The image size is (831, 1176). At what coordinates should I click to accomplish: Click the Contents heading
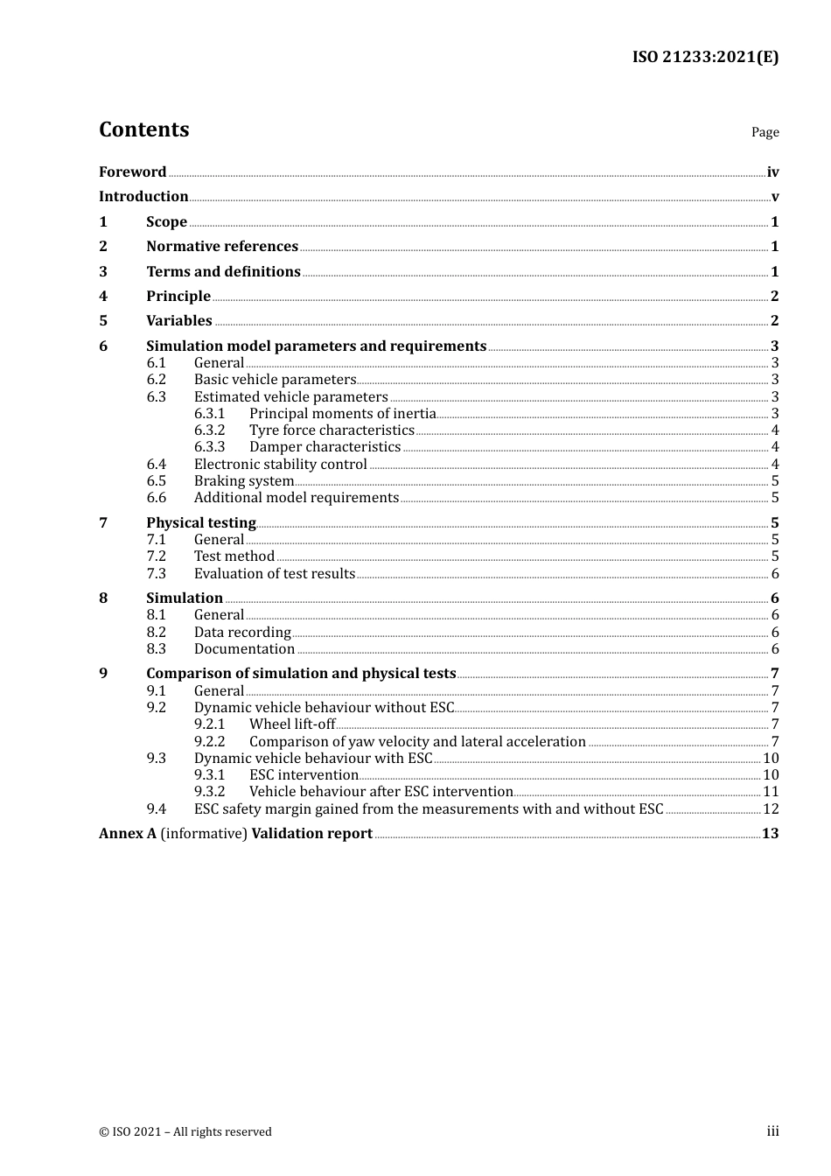pyautogui.click(x=143, y=129)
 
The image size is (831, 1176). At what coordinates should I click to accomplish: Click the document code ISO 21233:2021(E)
pyautogui.click(x=705, y=57)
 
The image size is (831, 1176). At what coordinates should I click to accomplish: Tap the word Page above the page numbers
pyautogui.click(x=765, y=132)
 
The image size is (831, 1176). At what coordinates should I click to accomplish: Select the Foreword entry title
pyautogui.click(x=132, y=171)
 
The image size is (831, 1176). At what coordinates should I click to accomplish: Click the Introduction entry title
pyautogui.click(x=143, y=196)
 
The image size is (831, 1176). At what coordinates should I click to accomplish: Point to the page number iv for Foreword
pyautogui.click(x=772, y=171)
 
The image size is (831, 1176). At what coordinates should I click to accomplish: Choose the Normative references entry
pyautogui.click(x=222, y=246)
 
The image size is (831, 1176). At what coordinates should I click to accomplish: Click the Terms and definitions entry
pyautogui.click(x=223, y=271)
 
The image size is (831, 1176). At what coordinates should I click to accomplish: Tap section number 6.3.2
pyautogui.click(x=209, y=430)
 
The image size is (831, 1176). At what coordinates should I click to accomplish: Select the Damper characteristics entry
pyautogui.click(x=325, y=446)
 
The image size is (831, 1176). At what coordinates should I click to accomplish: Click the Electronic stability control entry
pyautogui.click(x=280, y=464)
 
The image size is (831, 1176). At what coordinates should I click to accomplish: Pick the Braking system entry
pyautogui.click(x=243, y=480)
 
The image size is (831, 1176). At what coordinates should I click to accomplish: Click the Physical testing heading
pyautogui.click(x=201, y=522)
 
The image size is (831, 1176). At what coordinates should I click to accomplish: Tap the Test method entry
pyautogui.click(x=234, y=556)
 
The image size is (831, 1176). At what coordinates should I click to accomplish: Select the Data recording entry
pyautogui.click(x=242, y=632)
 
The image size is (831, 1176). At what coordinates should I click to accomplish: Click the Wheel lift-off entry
pyautogui.click(x=292, y=724)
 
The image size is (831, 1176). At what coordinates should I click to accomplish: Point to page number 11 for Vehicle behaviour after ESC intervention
pyautogui.click(x=771, y=791)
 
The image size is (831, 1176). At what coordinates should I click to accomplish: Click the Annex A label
pyautogui.click(x=128, y=833)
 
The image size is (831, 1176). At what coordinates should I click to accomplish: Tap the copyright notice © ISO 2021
pyautogui.click(x=185, y=1131)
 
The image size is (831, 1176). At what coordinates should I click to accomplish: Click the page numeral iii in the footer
pyautogui.click(x=772, y=1130)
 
